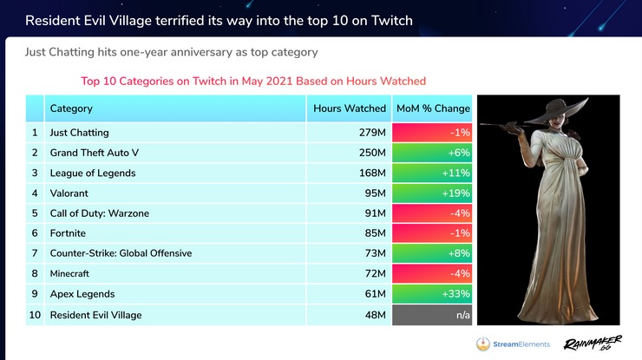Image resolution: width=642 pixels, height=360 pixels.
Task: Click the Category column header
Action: coord(71,108)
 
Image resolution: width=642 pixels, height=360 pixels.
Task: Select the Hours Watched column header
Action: coord(350,108)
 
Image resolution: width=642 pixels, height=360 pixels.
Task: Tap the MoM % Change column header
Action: coord(432,108)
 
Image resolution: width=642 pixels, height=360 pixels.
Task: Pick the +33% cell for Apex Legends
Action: coord(432,294)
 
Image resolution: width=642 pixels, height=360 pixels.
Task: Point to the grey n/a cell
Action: coord(432,315)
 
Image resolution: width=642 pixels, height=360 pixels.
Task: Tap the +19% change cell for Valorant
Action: coord(432,193)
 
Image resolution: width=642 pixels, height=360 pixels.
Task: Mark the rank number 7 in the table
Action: coord(35,253)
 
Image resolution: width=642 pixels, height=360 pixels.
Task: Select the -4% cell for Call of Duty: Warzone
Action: coord(432,213)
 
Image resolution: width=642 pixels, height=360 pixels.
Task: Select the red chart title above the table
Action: coord(252,81)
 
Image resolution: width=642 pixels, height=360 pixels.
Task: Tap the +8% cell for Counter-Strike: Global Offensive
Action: coord(432,253)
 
